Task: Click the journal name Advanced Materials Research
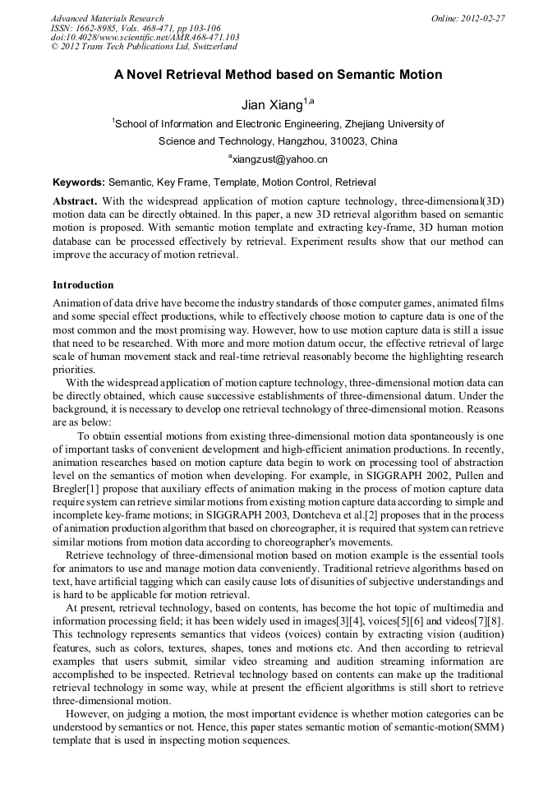(x=107, y=18)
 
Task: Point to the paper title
(x=278, y=75)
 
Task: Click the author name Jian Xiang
(x=271, y=105)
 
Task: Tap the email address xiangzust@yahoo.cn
(x=279, y=159)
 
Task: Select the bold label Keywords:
(x=79, y=182)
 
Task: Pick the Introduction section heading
(x=83, y=285)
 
